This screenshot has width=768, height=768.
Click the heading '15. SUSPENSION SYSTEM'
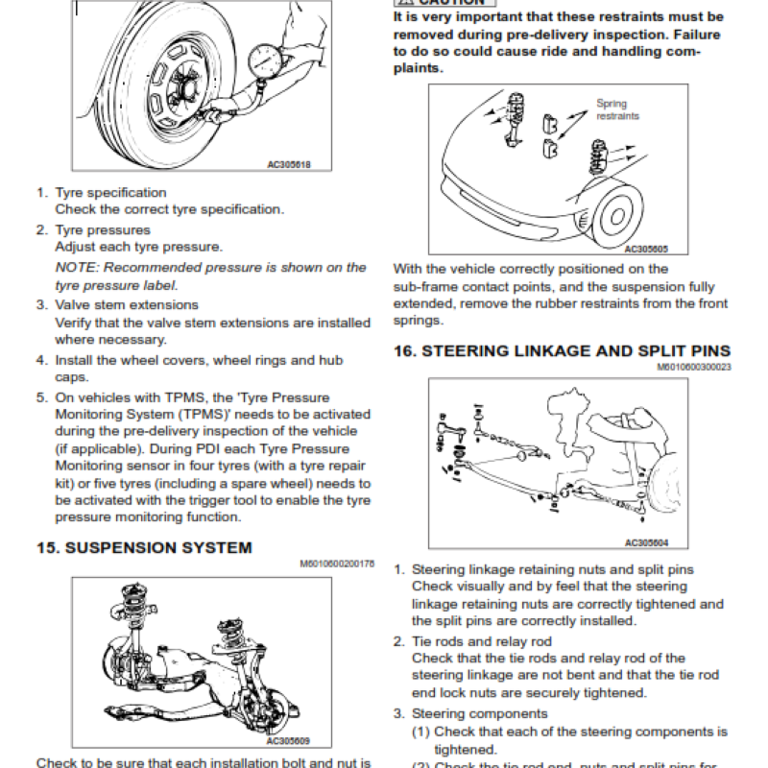pyautogui.click(x=144, y=548)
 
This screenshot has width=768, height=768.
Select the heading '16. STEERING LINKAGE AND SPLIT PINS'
pyautogui.click(x=562, y=351)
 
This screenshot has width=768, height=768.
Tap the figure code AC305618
pyautogui.click(x=288, y=164)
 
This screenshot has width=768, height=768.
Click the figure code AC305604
pyautogui.click(x=646, y=542)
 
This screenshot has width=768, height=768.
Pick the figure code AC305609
pyautogui.click(x=287, y=741)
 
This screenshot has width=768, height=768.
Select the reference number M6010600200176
pyautogui.click(x=337, y=564)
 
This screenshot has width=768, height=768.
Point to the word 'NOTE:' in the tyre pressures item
pyautogui.click(x=77, y=268)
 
